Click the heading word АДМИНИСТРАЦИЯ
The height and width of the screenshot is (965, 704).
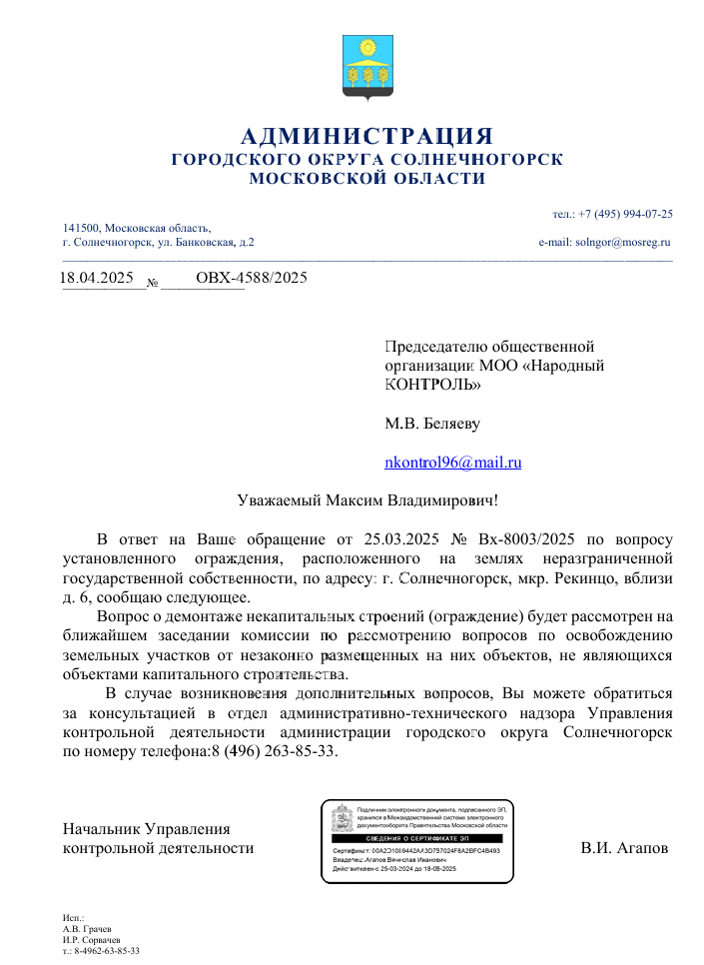(367, 136)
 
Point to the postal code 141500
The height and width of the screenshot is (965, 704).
(81, 229)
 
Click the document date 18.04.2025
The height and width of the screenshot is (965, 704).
(97, 277)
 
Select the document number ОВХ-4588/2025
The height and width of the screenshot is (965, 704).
(251, 277)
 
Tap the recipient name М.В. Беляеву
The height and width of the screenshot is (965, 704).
(432, 424)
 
